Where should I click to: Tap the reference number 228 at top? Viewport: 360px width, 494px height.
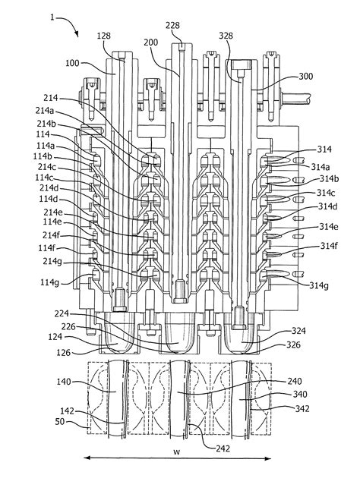[173, 26]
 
